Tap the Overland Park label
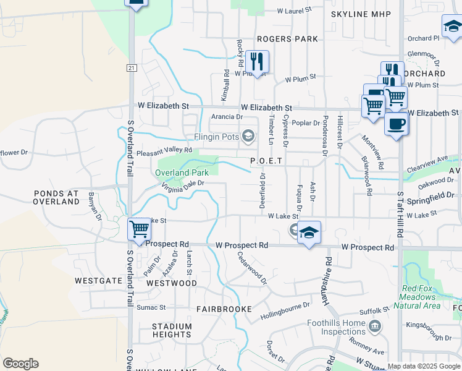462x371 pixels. click(182, 173)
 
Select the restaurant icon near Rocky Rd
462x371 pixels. click(257, 61)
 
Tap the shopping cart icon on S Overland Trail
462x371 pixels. click(140, 229)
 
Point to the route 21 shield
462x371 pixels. click(132, 67)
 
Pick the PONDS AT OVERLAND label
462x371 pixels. click(56, 197)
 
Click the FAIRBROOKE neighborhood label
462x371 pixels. click(224, 309)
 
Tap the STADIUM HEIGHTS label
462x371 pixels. click(172, 330)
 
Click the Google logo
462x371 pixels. click(20, 364)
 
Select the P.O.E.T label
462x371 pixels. click(266, 161)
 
